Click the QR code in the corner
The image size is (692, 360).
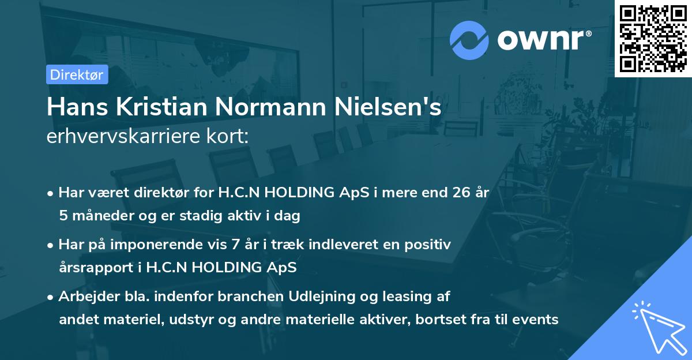(653, 38)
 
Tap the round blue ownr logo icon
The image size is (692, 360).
(469, 40)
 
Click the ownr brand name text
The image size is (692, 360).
(543, 39)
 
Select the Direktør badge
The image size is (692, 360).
(77, 74)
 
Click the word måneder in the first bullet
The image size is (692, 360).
(99, 216)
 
